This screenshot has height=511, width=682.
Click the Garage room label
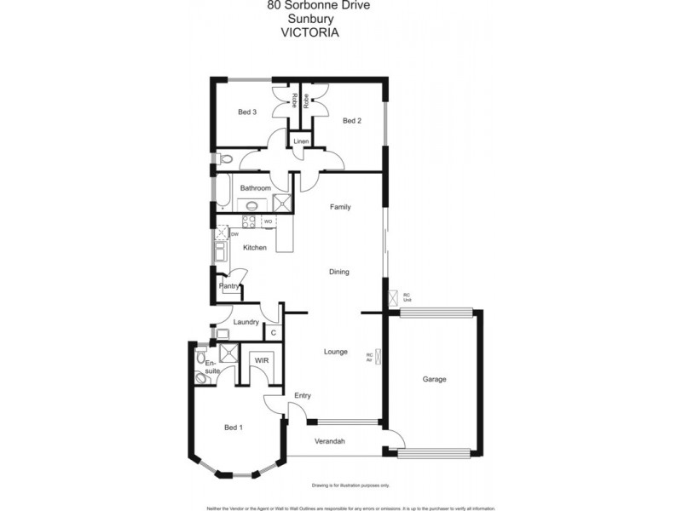pyautogui.click(x=435, y=379)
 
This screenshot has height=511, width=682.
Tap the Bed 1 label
pyautogui.click(x=233, y=428)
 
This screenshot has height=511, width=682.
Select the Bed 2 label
pyautogui.click(x=352, y=121)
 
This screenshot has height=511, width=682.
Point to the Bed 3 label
pyautogui.click(x=247, y=112)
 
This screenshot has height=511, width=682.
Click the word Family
pyautogui.click(x=340, y=207)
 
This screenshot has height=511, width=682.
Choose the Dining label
pyautogui.click(x=339, y=272)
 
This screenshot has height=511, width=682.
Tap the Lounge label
pyautogui.click(x=336, y=351)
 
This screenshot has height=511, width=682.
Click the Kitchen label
pyautogui.click(x=255, y=248)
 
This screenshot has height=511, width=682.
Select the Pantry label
pyautogui.click(x=229, y=286)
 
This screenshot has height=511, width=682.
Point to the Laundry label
pyautogui.click(x=246, y=322)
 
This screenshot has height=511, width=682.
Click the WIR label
pyautogui.click(x=261, y=361)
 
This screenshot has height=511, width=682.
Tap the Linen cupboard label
pyautogui.click(x=301, y=141)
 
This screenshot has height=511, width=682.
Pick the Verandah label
pyautogui.click(x=329, y=441)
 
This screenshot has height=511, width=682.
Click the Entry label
pyautogui.click(x=303, y=395)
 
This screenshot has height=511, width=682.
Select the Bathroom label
pyautogui.click(x=255, y=187)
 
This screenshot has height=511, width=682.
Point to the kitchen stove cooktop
pyautogui.click(x=250, y=221)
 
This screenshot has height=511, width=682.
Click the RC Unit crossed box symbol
pyautogui.click(x=394, y=298)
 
